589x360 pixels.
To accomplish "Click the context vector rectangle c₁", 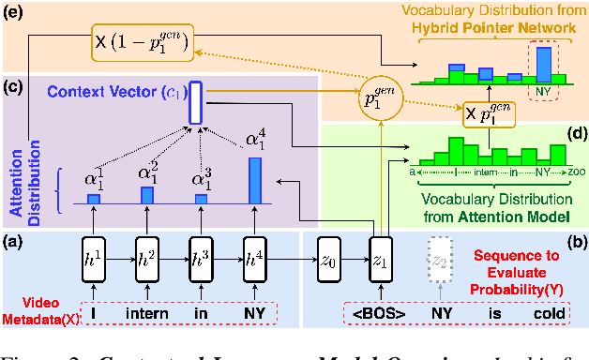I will tap(195, 103).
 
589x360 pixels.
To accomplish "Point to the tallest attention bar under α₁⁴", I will tap(252, 180).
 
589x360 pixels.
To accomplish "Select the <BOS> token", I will tap(379, 312).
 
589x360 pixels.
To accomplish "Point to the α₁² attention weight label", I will tap(146, 171).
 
